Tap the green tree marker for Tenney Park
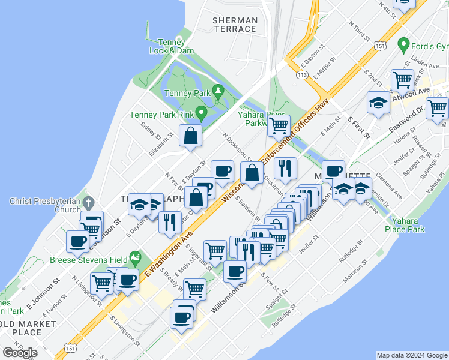point(219,91)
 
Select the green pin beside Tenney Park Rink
point(202,112)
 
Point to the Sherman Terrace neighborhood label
point(235,25)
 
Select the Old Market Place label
point(28,328)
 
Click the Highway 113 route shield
point(302,74)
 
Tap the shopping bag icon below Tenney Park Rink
point(190,136)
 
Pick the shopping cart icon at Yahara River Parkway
point(279,126)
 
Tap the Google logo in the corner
point(20,352)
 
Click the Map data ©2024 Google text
point(412,355)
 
